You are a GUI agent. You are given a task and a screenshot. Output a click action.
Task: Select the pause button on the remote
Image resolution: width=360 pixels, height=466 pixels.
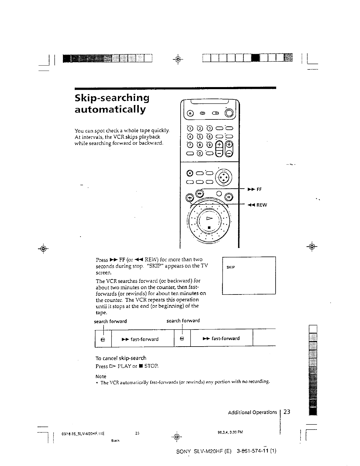pos(228,197)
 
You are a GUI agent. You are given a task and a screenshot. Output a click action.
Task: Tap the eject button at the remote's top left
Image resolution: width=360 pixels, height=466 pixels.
pos(190,113)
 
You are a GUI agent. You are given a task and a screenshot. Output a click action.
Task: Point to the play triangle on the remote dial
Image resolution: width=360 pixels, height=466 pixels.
pos(209,218)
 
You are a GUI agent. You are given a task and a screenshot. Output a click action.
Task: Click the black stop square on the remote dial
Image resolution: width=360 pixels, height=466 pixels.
pos(209,227)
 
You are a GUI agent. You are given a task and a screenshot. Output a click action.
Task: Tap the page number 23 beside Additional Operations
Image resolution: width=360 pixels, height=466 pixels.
pos(287,412)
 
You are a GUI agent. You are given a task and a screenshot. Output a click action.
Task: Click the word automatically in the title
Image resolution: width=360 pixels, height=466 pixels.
pos(110,110)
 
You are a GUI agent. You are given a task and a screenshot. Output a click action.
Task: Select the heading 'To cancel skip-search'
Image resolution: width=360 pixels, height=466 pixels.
pos(121,358)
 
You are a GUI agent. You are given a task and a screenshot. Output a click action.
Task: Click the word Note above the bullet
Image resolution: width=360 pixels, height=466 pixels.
pos(101,376)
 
